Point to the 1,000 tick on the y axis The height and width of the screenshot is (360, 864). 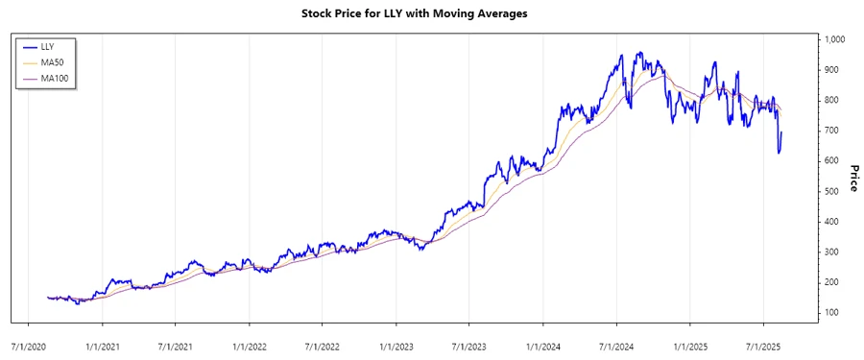pyautogui.click(x=833, y=39)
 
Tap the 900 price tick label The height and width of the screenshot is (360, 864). pyautogui.click(x=831, y=70)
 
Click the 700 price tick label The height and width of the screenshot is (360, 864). pyautogui.click(x=831, y=131)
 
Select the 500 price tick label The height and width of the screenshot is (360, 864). pyautogui.click(x=831, y=191)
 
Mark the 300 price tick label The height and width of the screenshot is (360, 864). pyautogui.click(x=831, y=252)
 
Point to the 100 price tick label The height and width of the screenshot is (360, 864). pyautogui.click(x=831, y=313)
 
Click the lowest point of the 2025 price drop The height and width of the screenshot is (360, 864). pyautogui.click(x=779, y=153)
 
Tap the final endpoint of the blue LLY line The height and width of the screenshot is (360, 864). pyautogui.click(x=782, y=132)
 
